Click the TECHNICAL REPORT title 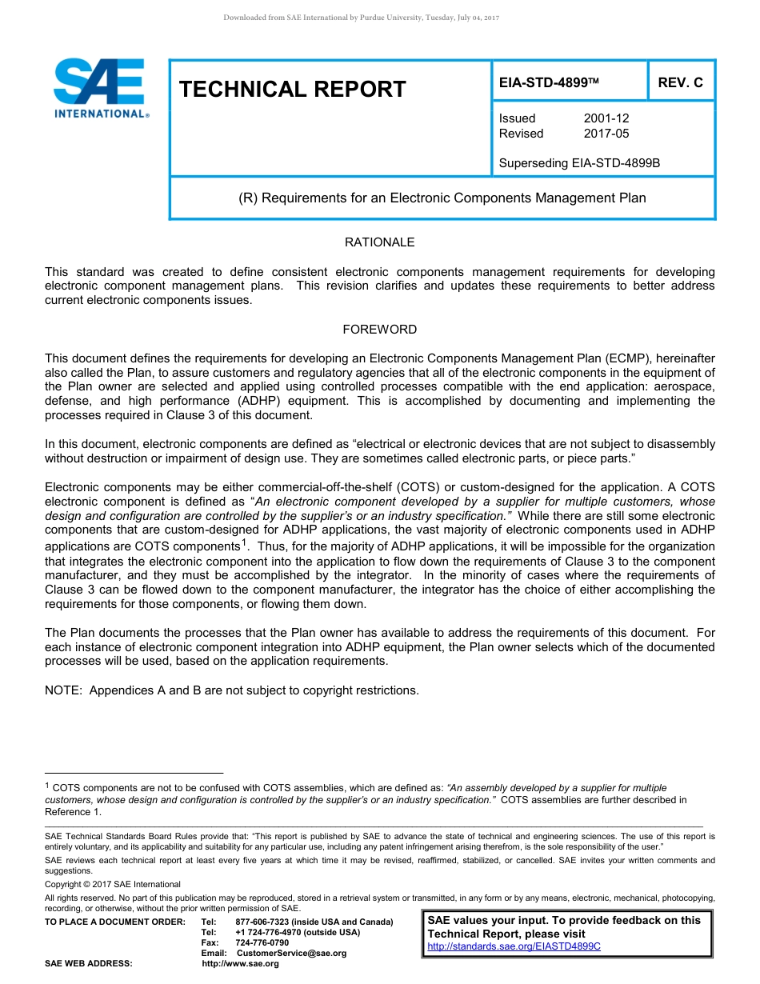click(293, 89)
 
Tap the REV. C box click(680, 82)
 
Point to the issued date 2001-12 click(606, 118)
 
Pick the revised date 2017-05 click(606, 134)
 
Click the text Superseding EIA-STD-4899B click(579, 163)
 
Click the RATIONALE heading click(379, 242)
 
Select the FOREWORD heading click(379, 329)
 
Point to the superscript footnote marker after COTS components click(244, 543)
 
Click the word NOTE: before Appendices click(64, 690)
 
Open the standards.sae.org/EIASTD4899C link click(514, 946)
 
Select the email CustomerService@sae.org click(292, 953)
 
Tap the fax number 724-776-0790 click(262, 942)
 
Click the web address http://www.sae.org click(240, 963)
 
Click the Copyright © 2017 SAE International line click(113, 884)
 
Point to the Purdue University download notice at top click(361, 17)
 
